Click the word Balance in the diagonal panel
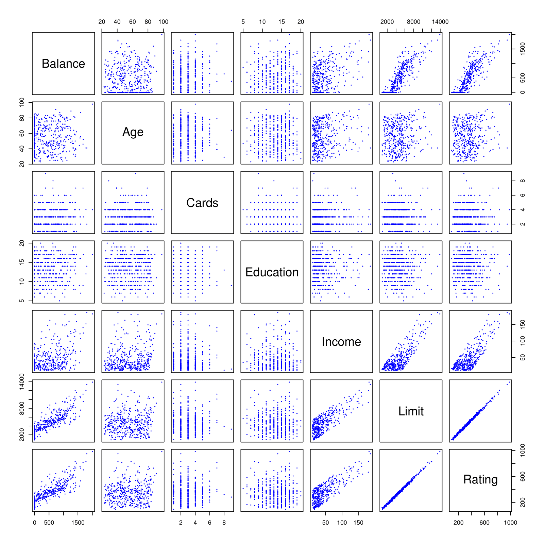point(63,64)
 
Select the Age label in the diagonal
point(133,132)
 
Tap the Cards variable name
point(202,203)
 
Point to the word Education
point(272,272)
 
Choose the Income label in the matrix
point(341,342)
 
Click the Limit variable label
point(411,411)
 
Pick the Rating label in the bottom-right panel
point(480,479)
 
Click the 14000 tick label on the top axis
point(440,22)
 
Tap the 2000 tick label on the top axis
point(387,22)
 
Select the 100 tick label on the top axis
point(163,22)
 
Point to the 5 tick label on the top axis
point(243,22)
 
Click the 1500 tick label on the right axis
point(523,49)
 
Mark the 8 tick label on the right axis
point(523,181)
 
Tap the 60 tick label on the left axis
point(22,133)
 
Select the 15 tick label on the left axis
point(22,262)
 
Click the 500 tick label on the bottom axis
point(49,523)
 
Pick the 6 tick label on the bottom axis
point(209,523)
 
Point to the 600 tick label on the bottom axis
point(484,523)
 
